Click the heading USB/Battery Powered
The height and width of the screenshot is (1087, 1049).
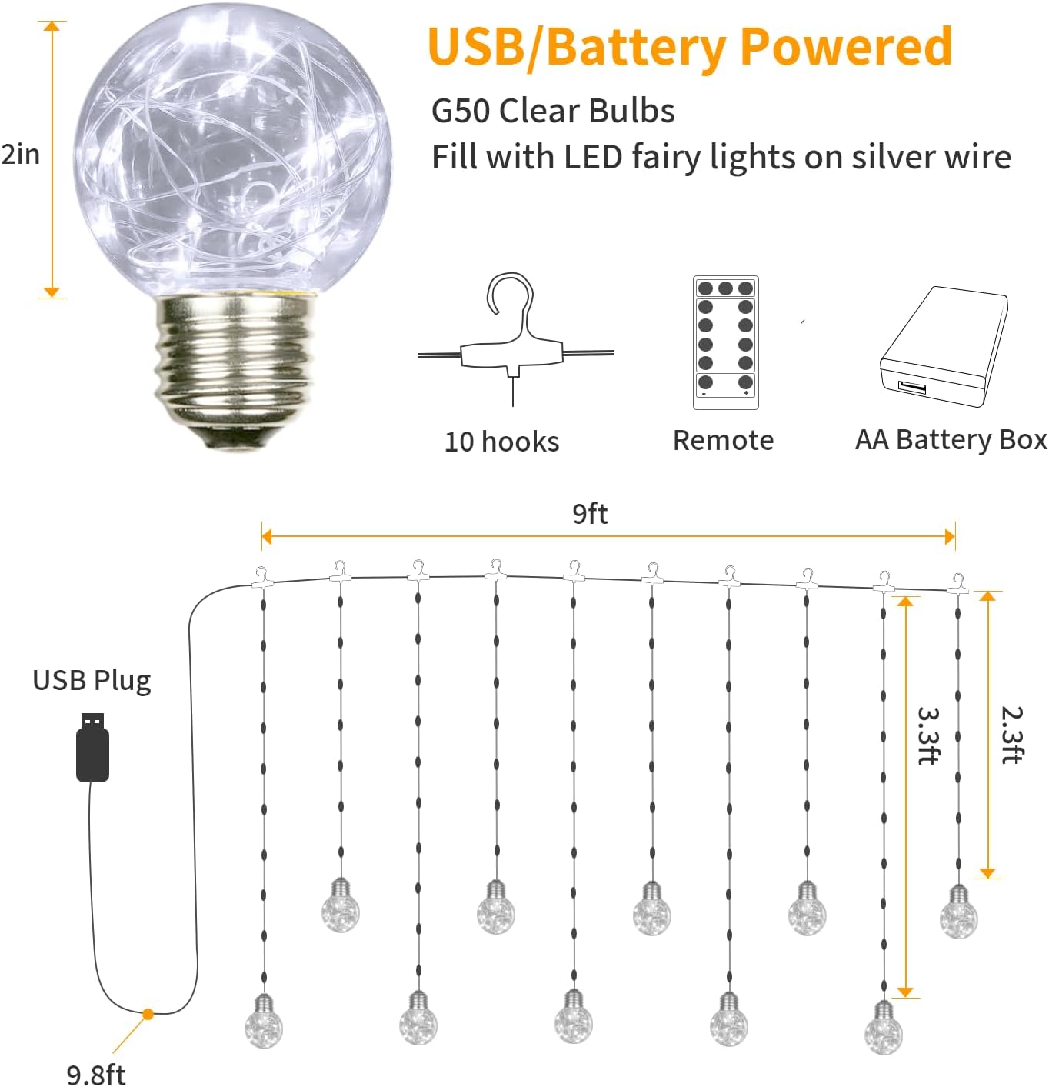click(690, 48)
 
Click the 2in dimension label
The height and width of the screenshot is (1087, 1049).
click(21, 155)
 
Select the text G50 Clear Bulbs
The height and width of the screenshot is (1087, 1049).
click(553, 111)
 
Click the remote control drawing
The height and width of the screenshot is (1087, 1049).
click(725, 342)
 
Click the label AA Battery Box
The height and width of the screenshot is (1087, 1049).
click(951, 440)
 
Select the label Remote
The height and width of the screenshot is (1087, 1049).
click(723, 441)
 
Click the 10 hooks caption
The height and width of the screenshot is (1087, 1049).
click(501, 442)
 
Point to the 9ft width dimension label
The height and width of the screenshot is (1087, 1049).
click(590, 514)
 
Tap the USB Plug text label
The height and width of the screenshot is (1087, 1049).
click(92, 681)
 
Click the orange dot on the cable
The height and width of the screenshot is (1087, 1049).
click(148, 1014)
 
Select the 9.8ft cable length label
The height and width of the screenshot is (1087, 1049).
click(96, 1074)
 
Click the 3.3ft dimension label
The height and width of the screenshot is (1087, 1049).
click(929, 735)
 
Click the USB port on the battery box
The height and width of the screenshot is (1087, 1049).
click(912, 387)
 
